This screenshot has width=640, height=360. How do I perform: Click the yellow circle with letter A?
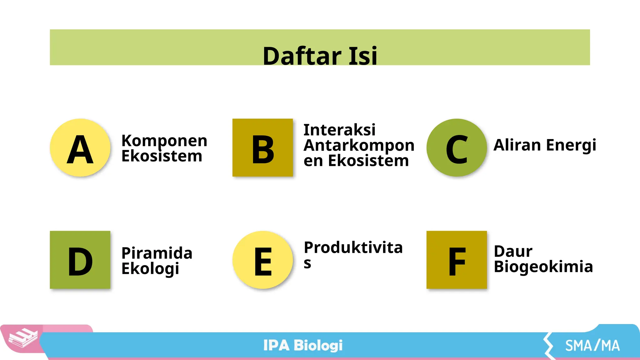[80, 147]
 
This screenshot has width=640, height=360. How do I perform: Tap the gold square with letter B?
[262, 147]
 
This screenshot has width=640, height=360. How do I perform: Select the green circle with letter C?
[457, 147]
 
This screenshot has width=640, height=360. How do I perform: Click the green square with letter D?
[80, 260]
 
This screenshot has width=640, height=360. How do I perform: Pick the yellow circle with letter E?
[262, 260]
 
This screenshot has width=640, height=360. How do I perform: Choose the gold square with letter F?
[457, 260]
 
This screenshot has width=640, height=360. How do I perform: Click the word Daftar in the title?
[302, 56]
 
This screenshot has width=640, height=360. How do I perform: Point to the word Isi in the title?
[363, 56]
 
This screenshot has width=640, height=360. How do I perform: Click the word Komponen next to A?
[164, 141]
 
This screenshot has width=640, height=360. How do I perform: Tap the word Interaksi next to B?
[339, 130]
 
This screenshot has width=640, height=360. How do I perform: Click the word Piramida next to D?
[157, 253]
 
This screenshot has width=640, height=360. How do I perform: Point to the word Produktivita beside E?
[353, 247]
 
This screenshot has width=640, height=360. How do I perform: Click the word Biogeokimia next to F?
[543, 267]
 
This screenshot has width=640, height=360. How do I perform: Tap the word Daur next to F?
[513, 251]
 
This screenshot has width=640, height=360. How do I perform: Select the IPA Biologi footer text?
[303, 345]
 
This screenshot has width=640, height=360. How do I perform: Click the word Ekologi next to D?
[150, 269]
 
